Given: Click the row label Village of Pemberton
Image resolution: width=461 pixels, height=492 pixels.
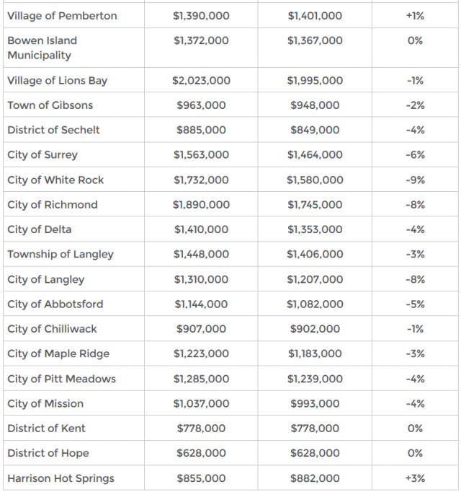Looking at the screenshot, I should tap(62, 16).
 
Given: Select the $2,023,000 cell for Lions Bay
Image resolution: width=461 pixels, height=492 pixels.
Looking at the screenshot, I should tap(201, 81).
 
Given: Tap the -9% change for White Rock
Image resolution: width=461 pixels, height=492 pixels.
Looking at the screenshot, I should tap(415, 180).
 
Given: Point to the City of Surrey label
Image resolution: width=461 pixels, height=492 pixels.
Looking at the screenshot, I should tap(42, 155).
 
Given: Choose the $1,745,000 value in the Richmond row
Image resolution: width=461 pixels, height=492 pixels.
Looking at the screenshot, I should tap(315, 205).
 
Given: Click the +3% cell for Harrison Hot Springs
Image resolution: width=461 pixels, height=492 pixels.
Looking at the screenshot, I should tap(415, 478).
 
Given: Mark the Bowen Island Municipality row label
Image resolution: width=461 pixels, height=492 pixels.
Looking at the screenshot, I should tap(42, 48).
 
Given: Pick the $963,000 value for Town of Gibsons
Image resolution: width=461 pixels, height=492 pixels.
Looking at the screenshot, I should tap(201, 105).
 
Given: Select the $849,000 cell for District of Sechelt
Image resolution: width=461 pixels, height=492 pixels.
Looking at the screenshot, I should tap(315, 131).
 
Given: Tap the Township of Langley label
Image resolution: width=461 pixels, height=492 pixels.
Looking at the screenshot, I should tap(61, 255).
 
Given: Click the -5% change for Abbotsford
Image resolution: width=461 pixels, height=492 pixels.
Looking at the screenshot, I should tap(415, 304).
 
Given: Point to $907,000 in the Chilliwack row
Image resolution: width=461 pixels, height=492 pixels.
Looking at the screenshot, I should tap(201, 329).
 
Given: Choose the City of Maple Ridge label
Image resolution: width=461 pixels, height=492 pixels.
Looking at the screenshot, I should tap(58, 354).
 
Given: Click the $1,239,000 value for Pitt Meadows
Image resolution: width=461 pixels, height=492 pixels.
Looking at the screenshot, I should tap(315, 379).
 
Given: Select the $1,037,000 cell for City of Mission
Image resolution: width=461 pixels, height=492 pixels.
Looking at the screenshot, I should tap(201, 404).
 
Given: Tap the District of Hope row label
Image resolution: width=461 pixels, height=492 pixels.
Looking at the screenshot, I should tap(48, 454).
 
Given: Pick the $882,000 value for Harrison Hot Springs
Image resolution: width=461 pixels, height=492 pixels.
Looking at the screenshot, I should tap(315, 478).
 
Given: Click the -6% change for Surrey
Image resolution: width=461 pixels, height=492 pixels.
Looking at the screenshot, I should tap(415, 155).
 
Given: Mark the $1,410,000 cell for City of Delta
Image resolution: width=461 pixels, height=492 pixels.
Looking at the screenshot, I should tap(201, 230).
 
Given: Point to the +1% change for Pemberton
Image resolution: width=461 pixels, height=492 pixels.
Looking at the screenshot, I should tap(415, 16).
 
